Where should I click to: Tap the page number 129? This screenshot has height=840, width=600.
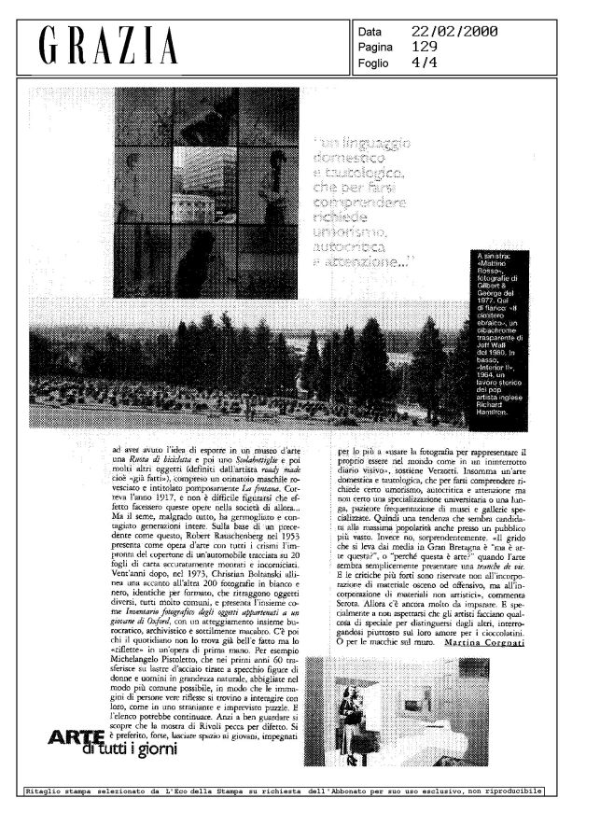coord(425,49)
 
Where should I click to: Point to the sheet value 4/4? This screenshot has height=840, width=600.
coord(426,63)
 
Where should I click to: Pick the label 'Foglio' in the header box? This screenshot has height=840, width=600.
coord(375,63)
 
